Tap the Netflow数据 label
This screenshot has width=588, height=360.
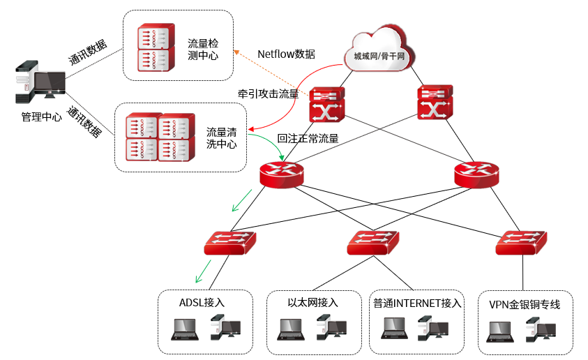(x=286, y=54)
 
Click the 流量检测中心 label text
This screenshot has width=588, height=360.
(x=203, y=50)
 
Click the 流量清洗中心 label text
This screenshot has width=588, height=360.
(x=222, y=137)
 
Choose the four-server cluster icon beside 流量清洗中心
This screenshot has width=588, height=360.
(x=158, y=137)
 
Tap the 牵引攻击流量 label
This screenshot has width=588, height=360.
(x=268, y=93)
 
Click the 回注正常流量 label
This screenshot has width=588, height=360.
(x=308, y=138)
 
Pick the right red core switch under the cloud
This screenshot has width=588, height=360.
(x=436, y=103)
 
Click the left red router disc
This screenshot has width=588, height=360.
(x=282, y=174)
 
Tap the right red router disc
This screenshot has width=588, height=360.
(x=476, y=174)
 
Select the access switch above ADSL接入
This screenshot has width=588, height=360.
(x=231, y=242)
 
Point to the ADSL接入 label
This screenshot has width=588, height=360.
(x=202, y=302)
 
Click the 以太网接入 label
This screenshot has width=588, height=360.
(x=312, y=302)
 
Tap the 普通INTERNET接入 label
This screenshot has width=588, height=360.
(x=417, y=303)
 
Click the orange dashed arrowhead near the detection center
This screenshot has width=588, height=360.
(x=236, y=52)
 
